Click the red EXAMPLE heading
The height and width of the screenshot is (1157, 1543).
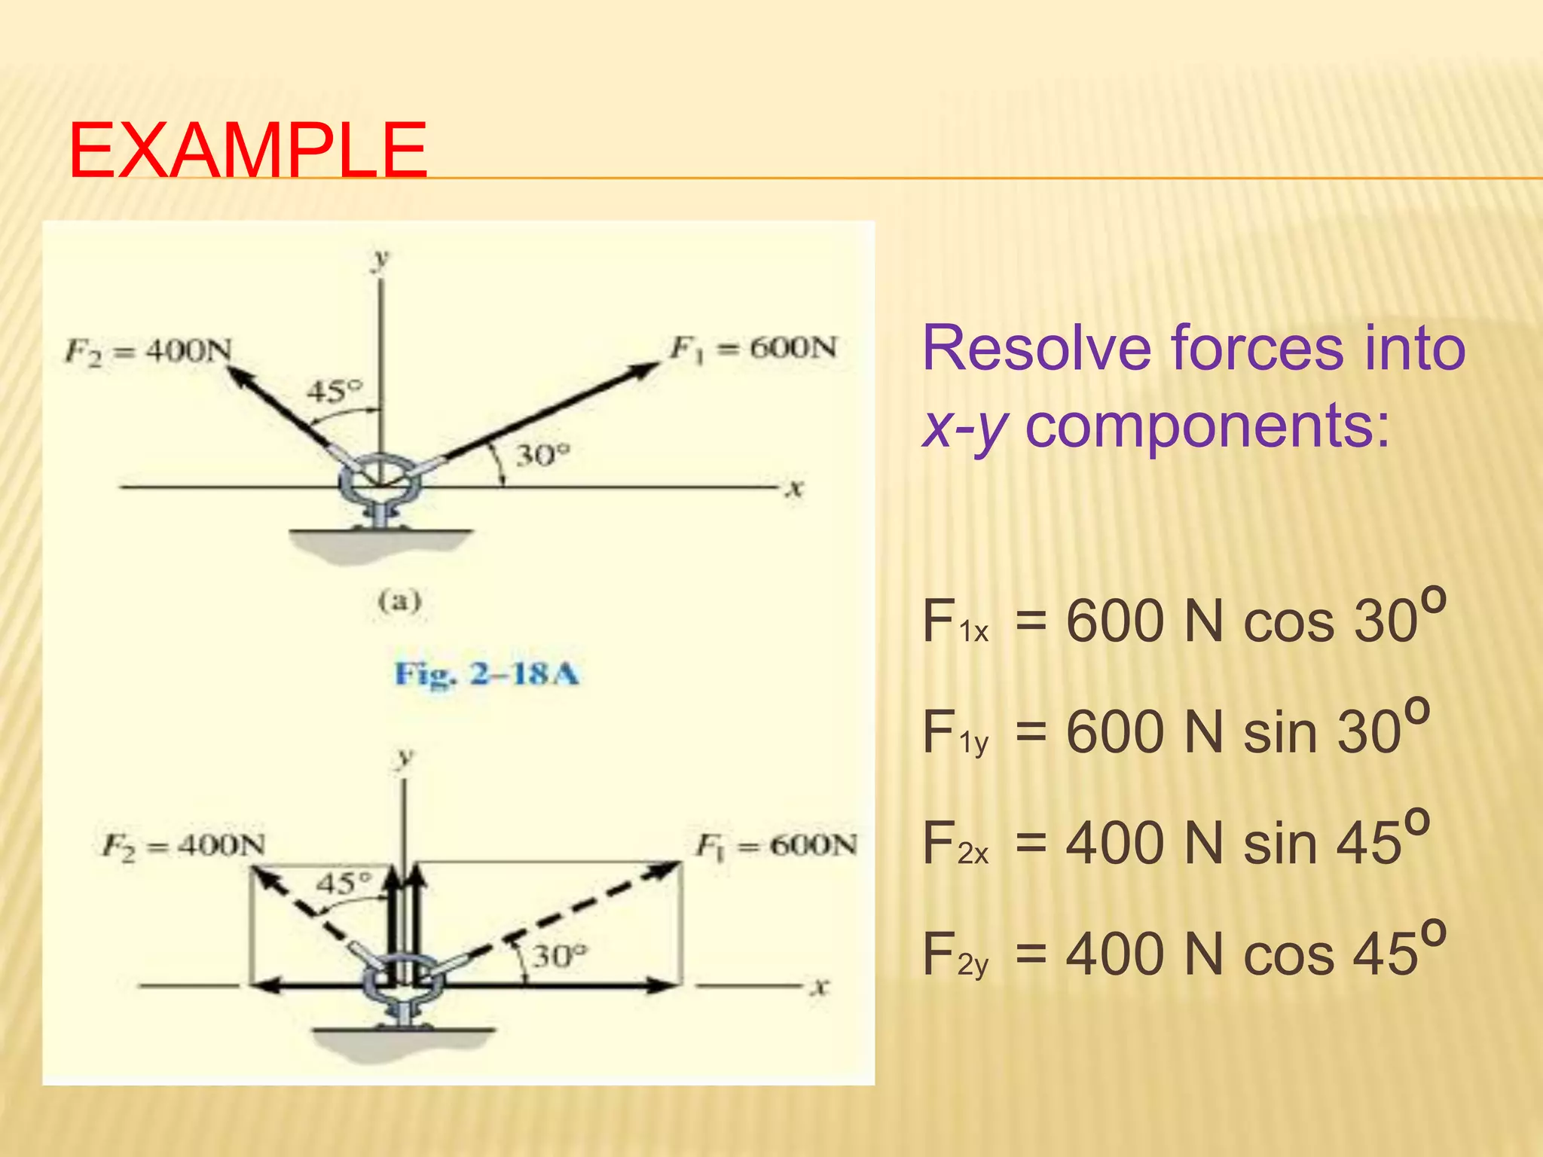(x=248, y=151)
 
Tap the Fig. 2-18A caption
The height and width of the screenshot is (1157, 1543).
(x=487, y=673)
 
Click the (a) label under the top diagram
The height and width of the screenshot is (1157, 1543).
(x=399, y=601)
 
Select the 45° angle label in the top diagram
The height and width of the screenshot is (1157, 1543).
(x=334, y=391)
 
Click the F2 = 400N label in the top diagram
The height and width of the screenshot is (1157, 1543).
(x=148, y=350)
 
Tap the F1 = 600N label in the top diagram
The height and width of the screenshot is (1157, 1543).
(x=753, y=348)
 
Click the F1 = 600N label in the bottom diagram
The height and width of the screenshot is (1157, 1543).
(x=776, y=845)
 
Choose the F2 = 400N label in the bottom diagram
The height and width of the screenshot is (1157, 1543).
(x=183, y=846)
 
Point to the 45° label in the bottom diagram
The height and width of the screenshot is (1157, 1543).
(x=344, y=882)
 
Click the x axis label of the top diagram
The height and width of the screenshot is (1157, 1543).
(x=793, y=490)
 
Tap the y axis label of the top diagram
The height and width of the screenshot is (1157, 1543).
(x=380, y=258)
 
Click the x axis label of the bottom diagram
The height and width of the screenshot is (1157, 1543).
(x=819, y=986)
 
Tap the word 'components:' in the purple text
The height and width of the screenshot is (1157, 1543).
(x=1207, y=426)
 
